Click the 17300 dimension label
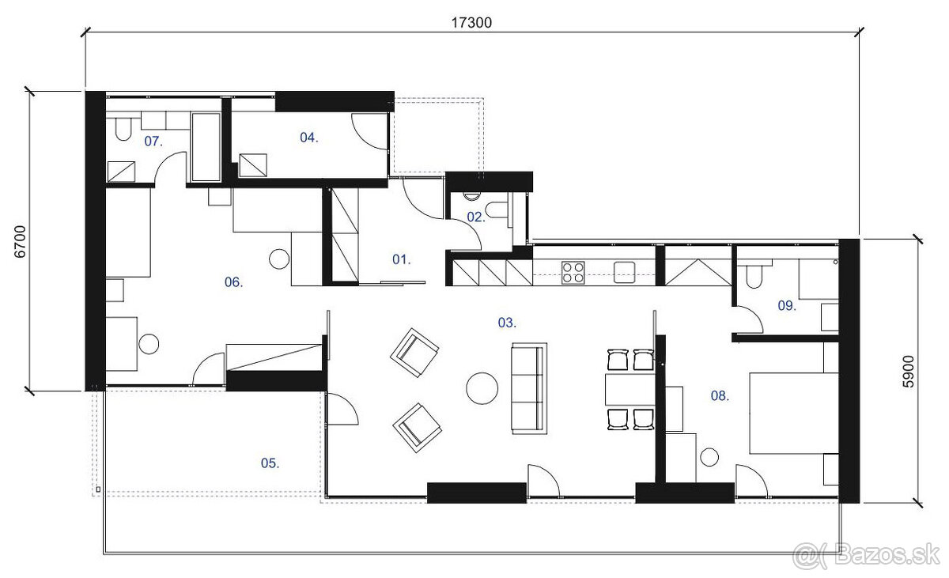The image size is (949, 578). (471, 22)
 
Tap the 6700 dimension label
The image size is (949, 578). (20, 242)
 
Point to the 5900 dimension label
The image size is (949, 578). (909, 372)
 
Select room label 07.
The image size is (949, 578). (153, 141)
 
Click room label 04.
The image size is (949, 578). (309, 138)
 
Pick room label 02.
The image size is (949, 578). (476, 217)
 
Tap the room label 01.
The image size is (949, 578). (401, 259)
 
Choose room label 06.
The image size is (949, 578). (234, 282)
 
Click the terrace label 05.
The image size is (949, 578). (270, 463)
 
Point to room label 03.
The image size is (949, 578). (507, 323)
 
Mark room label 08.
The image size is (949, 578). (720, 396)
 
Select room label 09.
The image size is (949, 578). (787, 305)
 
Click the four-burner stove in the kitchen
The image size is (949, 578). (573, 272)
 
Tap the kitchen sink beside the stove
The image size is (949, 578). (625, 272)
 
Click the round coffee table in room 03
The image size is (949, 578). (482, 388)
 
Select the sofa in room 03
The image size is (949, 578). (529, 388)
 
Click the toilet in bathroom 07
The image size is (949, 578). (123, 129)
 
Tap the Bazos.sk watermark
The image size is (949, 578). (867, 556)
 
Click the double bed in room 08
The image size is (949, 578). (794, 414)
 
